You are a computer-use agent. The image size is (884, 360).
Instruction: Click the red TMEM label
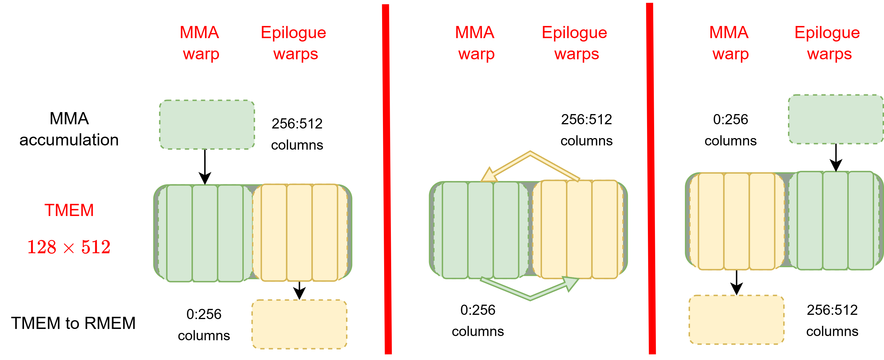coord(69,210)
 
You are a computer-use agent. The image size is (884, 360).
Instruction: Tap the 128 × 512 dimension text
coord(69,247)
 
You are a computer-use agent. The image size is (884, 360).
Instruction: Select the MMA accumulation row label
coord(69,129)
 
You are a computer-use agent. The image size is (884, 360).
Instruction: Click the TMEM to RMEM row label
coord(73,323)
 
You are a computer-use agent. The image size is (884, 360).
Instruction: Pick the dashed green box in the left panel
coord(207,125)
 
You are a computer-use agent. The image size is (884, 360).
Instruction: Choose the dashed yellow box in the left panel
coord(299,324)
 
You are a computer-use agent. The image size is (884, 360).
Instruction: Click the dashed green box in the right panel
coord(836,119)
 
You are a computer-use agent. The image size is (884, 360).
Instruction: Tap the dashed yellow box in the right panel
coord(737,320)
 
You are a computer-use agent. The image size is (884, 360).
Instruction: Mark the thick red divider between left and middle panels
coord(387,178)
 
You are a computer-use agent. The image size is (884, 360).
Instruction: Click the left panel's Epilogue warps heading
coord(294,43)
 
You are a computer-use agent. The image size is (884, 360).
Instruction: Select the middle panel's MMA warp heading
coord(475,43)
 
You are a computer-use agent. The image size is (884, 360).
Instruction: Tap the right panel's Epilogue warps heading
coord(828,43)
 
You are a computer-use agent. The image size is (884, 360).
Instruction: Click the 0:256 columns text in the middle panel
coord(478,320)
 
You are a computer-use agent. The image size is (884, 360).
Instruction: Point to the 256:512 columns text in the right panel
coord(832,320)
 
